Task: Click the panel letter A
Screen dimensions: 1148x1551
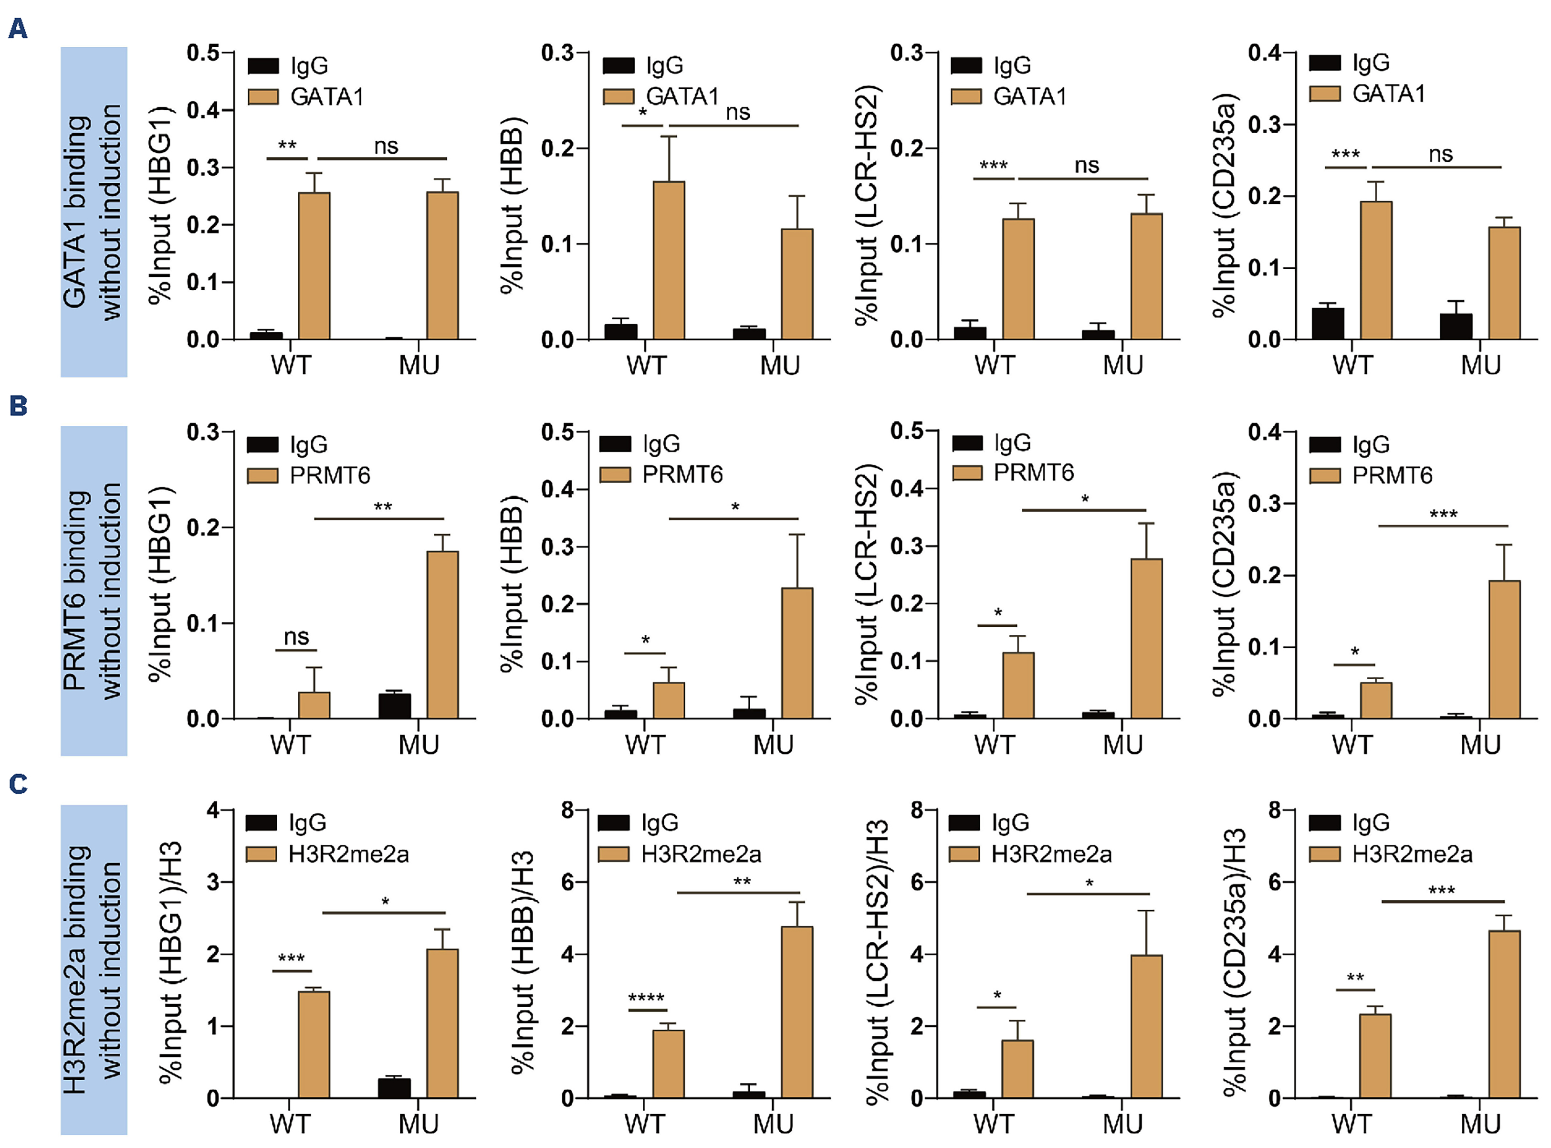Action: coord(17,29)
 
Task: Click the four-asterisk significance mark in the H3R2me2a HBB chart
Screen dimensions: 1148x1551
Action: coord(646,999)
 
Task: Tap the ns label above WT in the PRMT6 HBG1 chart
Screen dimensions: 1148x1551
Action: coord(296,637)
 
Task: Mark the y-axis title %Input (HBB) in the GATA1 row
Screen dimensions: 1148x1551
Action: coord(514,206)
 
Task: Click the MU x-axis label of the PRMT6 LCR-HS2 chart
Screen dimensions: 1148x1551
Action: coord(1122,745)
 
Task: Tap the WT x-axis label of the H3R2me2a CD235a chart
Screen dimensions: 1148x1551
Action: coord(1352,1124)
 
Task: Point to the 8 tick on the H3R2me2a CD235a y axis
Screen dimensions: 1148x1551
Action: coord(1275,810)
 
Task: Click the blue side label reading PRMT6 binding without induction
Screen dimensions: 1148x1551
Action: coord(94,590)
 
